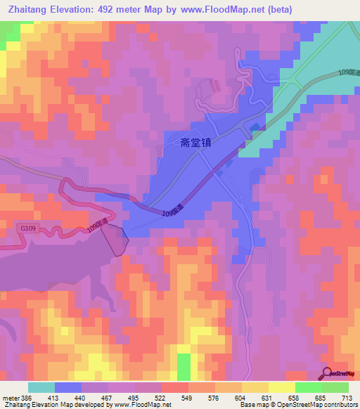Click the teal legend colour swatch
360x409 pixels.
point(41,387)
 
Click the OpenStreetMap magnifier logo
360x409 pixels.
point(328,372)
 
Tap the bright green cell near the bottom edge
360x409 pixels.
point(184,366)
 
